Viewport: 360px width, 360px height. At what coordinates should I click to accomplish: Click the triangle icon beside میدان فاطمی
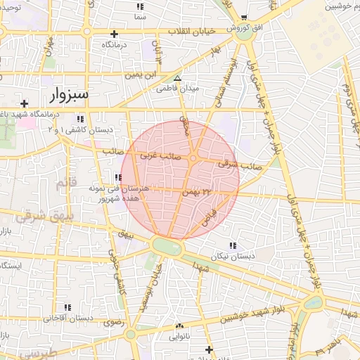pyautogui.click(x=178, y=79)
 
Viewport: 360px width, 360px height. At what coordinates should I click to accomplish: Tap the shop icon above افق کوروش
pyautogui.click(x=244, y=18)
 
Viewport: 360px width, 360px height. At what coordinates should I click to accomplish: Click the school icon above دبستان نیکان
pyautogui.click(x=233, y=245)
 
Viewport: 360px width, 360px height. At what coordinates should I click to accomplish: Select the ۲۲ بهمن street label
pyautogui.click(x=197, y=191)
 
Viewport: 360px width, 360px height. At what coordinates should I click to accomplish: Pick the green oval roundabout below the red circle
pyautogui.click(x=167, y=247)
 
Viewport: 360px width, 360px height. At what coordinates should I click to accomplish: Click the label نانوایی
pyautogui.click(x=179, y=337)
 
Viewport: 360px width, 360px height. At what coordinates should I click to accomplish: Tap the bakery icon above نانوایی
pyautogui.click(x=179, y=326)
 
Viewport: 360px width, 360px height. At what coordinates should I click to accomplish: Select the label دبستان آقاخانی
pyautogui.click(x=68, y=319)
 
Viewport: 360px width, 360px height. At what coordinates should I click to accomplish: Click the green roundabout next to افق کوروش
pyautogui.click(x=245, y=35)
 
